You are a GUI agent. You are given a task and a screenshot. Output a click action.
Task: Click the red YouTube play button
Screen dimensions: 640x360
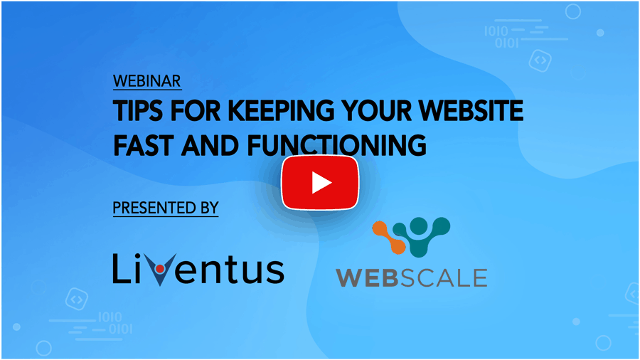(x=320, y=182)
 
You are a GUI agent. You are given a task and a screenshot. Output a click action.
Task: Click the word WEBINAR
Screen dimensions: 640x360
(x=147, y=81)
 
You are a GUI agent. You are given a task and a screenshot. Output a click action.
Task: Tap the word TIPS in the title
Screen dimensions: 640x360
(x=138, y=110)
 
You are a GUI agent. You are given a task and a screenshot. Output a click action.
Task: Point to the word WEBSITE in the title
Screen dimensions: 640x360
(x=471, y=110)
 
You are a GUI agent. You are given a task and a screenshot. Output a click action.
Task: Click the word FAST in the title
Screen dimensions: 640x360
(x=144, y=145)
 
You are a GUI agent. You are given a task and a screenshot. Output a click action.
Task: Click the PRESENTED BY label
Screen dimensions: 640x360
(x=166, y=208)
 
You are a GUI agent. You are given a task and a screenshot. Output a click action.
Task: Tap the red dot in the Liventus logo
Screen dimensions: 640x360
(x=160, y=268)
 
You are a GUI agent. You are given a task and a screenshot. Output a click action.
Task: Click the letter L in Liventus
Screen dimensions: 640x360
(x=121, y=268)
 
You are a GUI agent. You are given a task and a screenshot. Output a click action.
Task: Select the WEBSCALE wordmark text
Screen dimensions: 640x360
(x=412, y=277)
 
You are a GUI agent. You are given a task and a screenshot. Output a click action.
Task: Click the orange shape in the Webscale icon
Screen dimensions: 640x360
(x=388, y=237)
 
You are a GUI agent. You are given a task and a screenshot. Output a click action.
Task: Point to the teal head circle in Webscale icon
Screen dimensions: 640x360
(x=418, y=225)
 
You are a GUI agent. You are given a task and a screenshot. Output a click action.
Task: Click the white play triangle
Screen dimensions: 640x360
(x=321, y=182)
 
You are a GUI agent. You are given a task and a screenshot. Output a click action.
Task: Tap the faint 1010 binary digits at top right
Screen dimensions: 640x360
(x=496, y=31)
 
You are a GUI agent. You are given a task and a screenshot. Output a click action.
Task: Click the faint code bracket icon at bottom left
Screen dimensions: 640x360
(x=77, y=300)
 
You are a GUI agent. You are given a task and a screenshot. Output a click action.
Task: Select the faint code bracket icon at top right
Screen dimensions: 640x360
(x=540, y=60)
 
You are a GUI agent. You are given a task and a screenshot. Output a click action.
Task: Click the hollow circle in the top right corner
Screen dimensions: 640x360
(x=572, y=11)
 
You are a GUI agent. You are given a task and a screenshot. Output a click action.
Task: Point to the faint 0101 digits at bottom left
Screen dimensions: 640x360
(x=120, y=329)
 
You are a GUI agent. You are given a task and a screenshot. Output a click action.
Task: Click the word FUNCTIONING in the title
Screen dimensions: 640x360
(x=337, y=145)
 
